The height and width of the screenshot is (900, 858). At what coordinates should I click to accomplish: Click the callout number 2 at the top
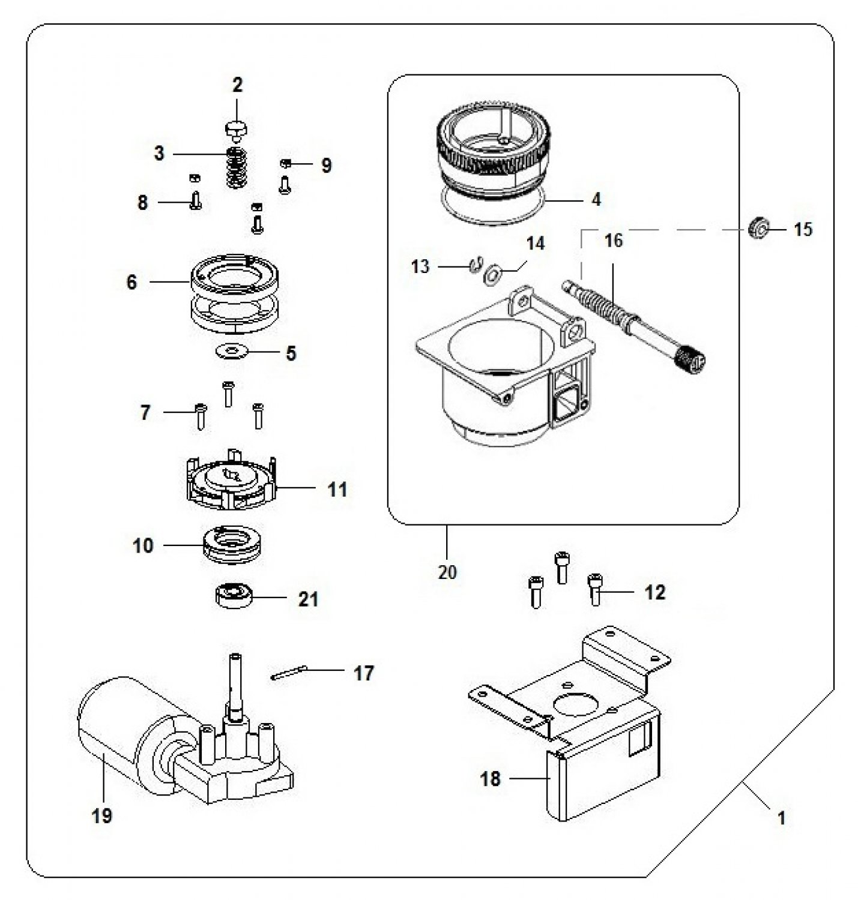tap(237, 85)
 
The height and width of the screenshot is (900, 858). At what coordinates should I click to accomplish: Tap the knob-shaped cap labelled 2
tap(237, 130)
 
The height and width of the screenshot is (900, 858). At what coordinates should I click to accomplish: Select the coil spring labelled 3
tap(237, 167)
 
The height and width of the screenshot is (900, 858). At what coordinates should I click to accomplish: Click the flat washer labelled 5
tap(231, 352)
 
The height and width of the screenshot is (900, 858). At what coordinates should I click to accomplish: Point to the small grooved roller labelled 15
tap(758, 228)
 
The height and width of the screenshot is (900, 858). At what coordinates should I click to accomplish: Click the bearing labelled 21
tap(233, 596)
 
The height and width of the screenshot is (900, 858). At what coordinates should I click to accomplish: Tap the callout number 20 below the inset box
tap(447, 572)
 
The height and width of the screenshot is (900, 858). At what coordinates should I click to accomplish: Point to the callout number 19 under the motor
tap(101, 816)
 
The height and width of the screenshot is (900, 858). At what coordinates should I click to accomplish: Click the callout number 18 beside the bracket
tap(490, 778)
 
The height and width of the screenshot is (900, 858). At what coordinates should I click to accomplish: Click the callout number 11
tap(337, 490)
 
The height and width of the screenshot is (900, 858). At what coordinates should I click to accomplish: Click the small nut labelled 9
tap(285, 163)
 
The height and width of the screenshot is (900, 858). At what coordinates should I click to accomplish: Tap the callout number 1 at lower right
tap(782, 817)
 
